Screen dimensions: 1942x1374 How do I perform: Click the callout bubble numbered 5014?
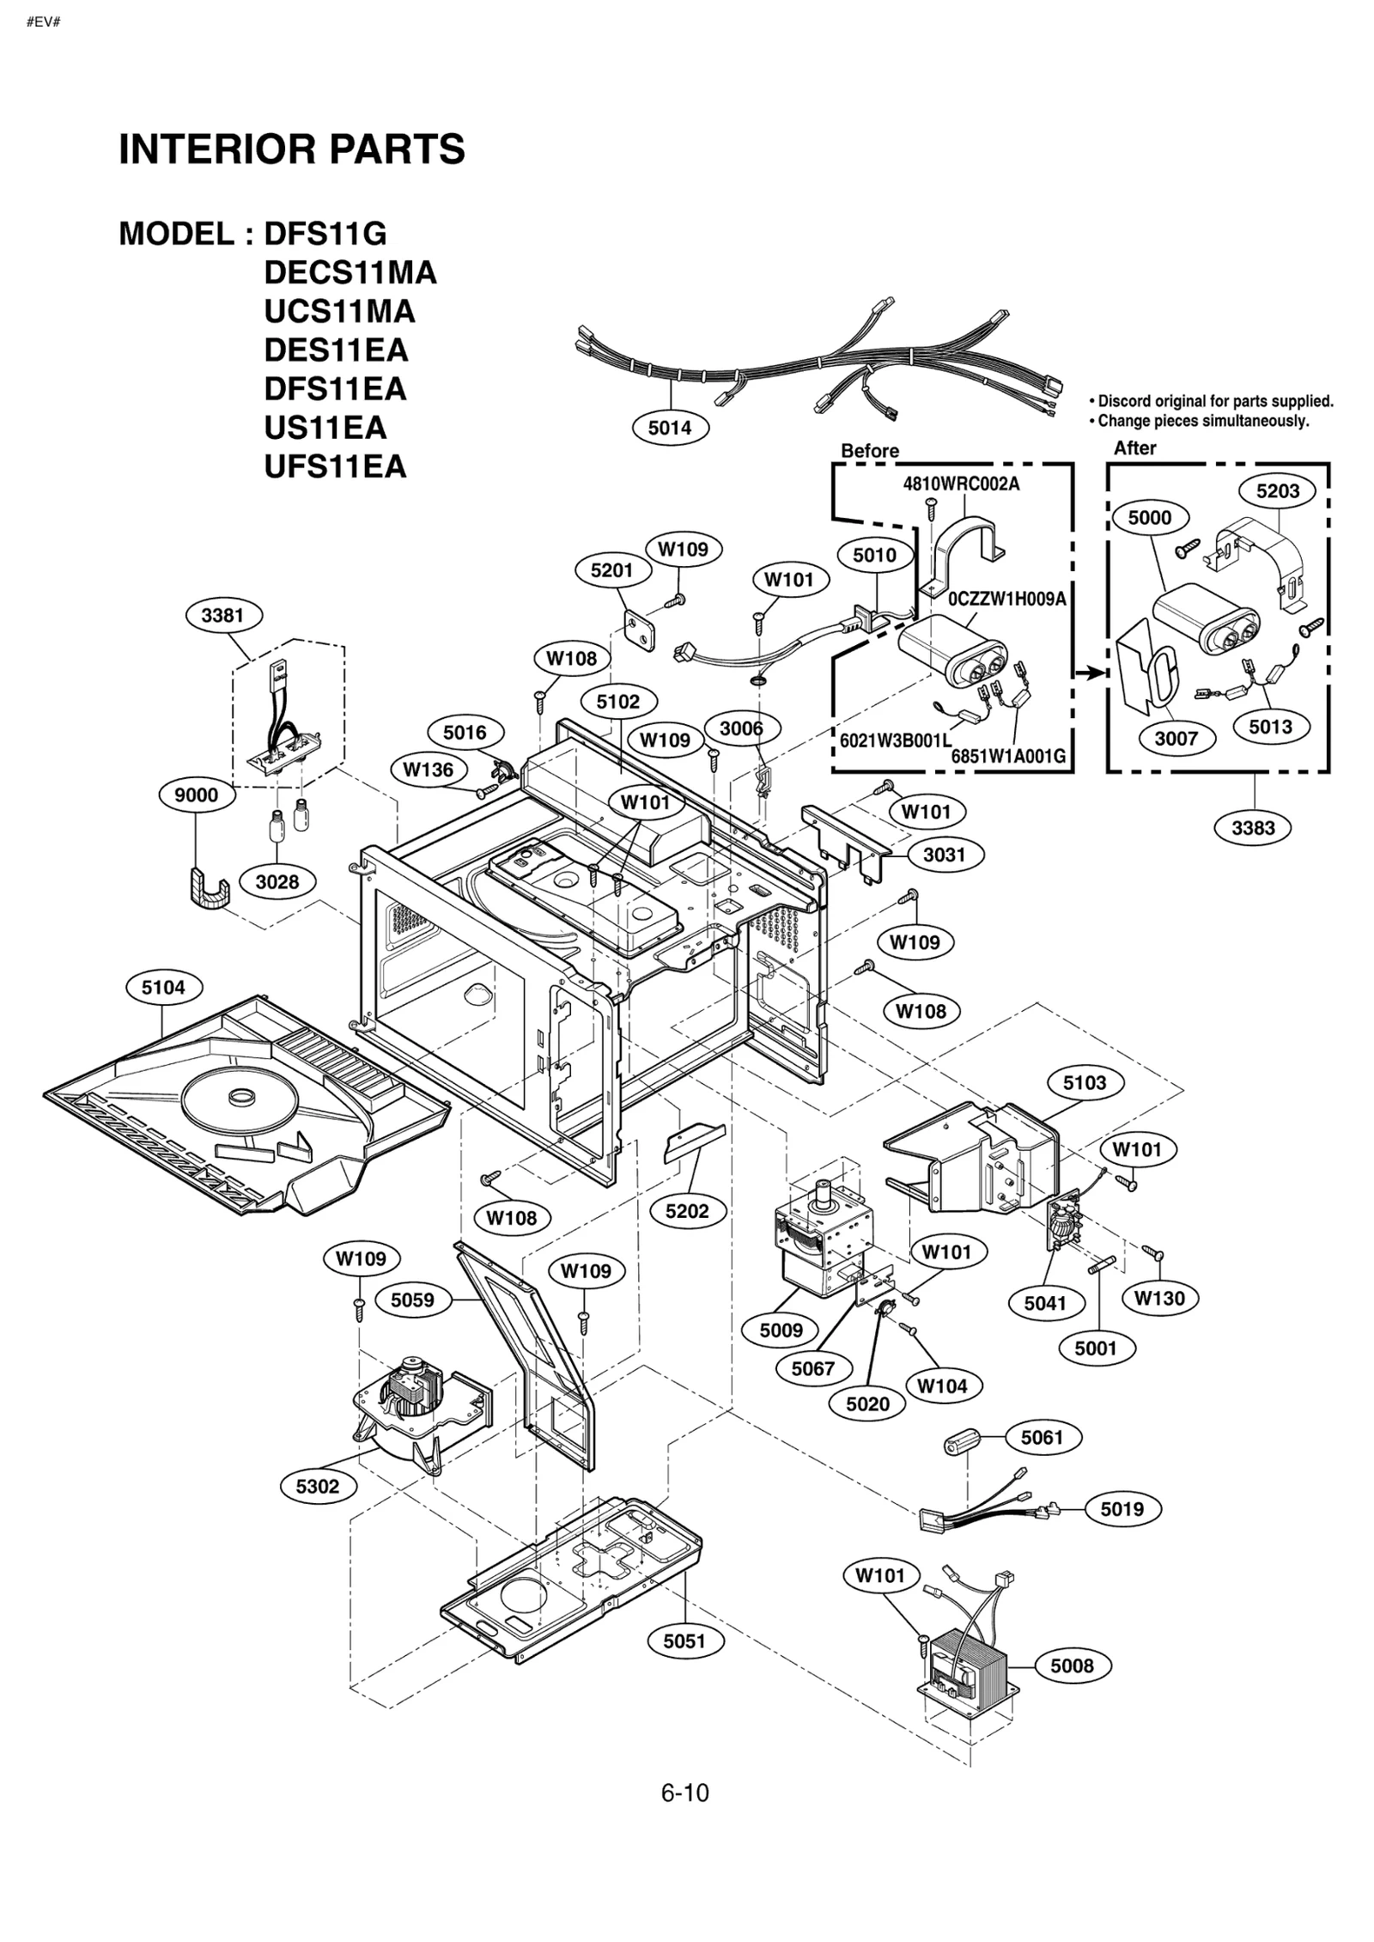670,428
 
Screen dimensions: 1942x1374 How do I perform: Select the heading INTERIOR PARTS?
292,149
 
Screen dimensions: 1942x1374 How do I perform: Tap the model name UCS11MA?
339,311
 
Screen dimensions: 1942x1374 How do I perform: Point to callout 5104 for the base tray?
163,988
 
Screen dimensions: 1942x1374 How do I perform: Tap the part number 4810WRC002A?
961,484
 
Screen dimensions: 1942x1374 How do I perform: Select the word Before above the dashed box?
869,451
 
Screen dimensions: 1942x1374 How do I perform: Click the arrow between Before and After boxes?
1091,673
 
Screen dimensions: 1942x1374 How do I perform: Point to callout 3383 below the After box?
1253,828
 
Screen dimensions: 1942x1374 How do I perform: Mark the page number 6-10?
684,1793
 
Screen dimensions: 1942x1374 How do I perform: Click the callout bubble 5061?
1042,1437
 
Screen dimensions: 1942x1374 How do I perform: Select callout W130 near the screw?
1159,1298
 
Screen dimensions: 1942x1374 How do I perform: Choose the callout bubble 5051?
684,1641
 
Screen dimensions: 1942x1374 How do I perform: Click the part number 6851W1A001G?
1007,756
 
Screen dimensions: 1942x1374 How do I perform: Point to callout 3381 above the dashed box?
223,615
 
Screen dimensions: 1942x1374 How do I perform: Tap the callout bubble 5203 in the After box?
1278,491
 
